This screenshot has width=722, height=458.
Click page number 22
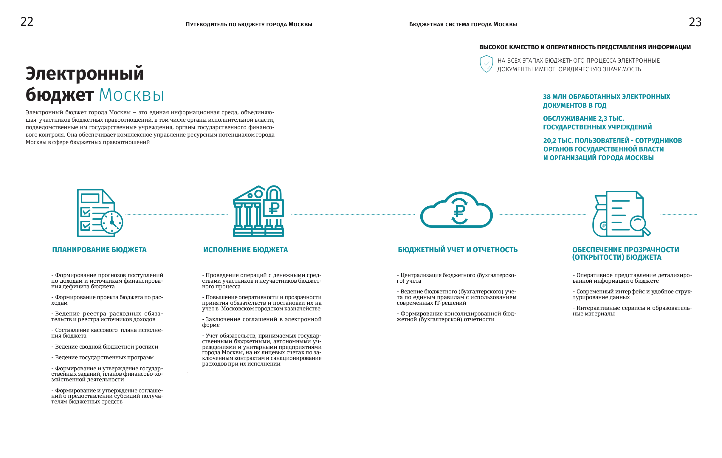coord(27,21)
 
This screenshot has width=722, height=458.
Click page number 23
coord(695,22)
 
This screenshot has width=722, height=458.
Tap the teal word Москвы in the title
coord(131,95)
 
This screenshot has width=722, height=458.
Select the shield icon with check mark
coord(486,64)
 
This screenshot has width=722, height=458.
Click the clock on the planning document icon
coord(112,222)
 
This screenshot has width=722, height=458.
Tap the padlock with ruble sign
coord(273,203)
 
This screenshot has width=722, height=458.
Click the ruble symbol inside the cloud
coord(459,211)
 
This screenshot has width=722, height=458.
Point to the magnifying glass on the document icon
coord(639,224)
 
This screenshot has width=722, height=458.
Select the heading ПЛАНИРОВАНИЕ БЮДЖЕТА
coord(99,250)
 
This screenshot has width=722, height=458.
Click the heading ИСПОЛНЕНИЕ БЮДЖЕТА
coord(245,250)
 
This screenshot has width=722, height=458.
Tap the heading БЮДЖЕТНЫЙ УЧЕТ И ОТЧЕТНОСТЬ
coord(458,250)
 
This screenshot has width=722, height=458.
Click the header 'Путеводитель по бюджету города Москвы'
coord(249,24)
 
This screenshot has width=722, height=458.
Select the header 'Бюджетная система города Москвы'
coord(463,24)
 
